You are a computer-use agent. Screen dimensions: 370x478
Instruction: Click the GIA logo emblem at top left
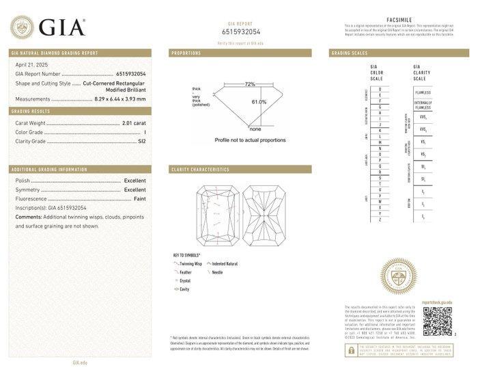[22, 27]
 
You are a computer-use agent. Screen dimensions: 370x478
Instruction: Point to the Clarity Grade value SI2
[142, 142]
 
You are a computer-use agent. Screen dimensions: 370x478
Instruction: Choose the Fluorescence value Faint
[139, 198]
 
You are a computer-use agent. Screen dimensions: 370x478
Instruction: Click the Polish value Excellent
[135, 181]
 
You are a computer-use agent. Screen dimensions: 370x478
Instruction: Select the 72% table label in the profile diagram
[250, 84]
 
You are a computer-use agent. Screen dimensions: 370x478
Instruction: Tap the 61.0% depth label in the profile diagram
[259, 102]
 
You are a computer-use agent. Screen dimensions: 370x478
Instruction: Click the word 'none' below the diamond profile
[255, 129]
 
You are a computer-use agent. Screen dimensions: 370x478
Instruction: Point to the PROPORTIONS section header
[186, 53]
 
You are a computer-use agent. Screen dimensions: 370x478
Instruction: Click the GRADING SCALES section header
[350, 53]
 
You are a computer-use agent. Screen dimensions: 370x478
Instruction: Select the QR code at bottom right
[437, 321]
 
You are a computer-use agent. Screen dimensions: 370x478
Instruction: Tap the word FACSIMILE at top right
[398, 21]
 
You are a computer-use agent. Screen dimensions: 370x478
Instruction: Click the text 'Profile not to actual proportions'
[250, 140]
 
